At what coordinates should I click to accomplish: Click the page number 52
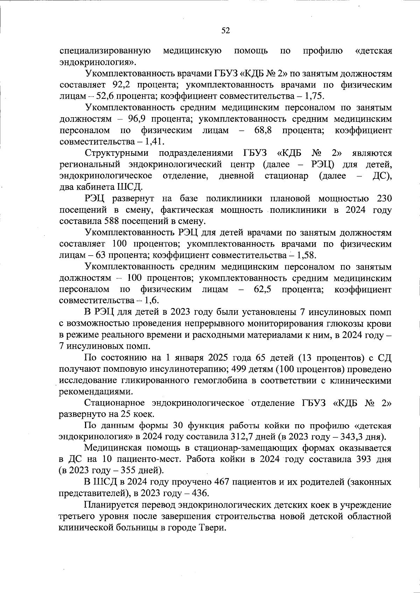click(225, 31)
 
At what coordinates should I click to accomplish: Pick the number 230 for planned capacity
click(384, 199)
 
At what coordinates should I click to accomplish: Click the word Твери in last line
click(212, 528)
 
